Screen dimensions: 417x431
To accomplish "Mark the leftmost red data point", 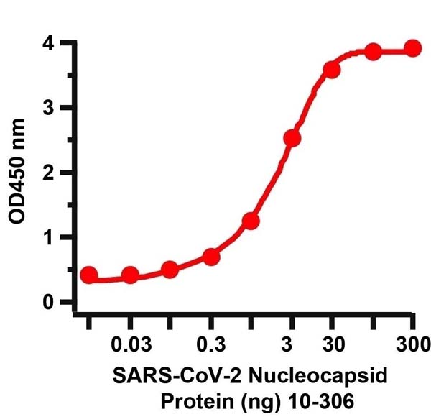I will click(x=89, y=275).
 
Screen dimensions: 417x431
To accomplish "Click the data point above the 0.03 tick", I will click(x=130, y=275).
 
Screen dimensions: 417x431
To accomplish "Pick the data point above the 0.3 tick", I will click(x=211, y=257).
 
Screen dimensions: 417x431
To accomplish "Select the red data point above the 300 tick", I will click(x=412, y=48).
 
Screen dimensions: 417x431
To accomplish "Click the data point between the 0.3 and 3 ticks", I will click(x=251, y=221).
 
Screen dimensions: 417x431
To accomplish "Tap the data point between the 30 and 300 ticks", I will click(x=372, y=52).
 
